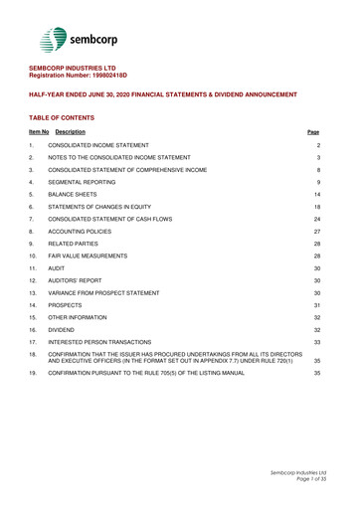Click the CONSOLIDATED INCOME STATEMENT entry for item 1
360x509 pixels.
[x=110, y=147]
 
